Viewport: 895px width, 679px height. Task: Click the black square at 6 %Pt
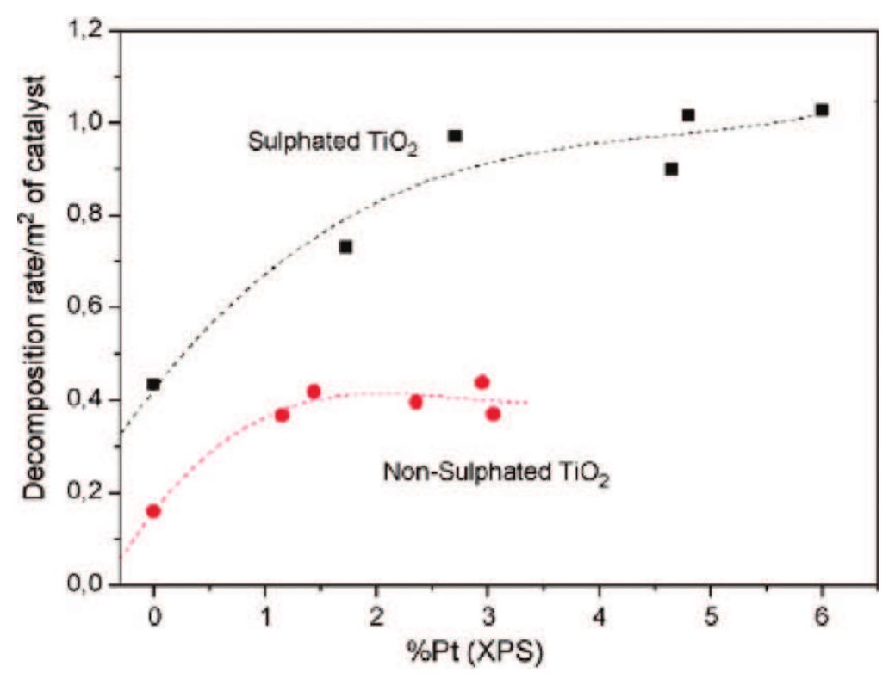point(822,110)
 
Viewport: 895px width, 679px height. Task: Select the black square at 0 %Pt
point(153,384)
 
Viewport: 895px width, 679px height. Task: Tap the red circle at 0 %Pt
point(153,511)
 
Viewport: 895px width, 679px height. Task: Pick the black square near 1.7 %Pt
point(345,247)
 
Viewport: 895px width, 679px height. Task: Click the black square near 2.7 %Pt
point(455,136)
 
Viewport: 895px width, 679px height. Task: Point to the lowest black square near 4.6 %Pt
point(671,170)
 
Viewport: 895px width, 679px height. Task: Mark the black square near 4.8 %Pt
point(688,115)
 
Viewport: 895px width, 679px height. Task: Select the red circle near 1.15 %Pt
point(282,415)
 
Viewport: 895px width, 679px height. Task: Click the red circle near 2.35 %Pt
point(415,402)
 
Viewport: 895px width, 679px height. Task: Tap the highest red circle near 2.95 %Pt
point(482,382)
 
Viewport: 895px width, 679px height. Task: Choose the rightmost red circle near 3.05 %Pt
point(493,414)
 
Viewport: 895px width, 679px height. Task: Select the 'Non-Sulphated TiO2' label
point(494,473)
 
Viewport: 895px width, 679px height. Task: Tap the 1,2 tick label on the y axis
point(89,31)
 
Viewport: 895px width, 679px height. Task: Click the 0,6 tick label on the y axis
point(89,308)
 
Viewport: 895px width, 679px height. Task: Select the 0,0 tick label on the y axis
point(89,585)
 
